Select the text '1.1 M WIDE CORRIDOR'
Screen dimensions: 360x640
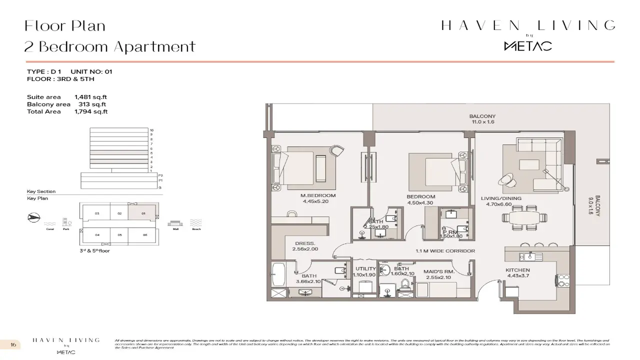click(445, 251)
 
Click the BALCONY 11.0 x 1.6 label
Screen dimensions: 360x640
click(482, 119)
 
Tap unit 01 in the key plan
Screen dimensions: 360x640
click(143, 213)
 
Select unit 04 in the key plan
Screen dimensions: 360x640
click(97, 234)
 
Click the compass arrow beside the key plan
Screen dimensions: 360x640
click(33, 217)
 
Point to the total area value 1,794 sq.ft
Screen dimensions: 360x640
click(90, 111)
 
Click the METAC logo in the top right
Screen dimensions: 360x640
click(527, 46)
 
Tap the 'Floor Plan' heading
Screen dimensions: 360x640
click(65, 25)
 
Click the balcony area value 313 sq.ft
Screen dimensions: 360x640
click(92, 104)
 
